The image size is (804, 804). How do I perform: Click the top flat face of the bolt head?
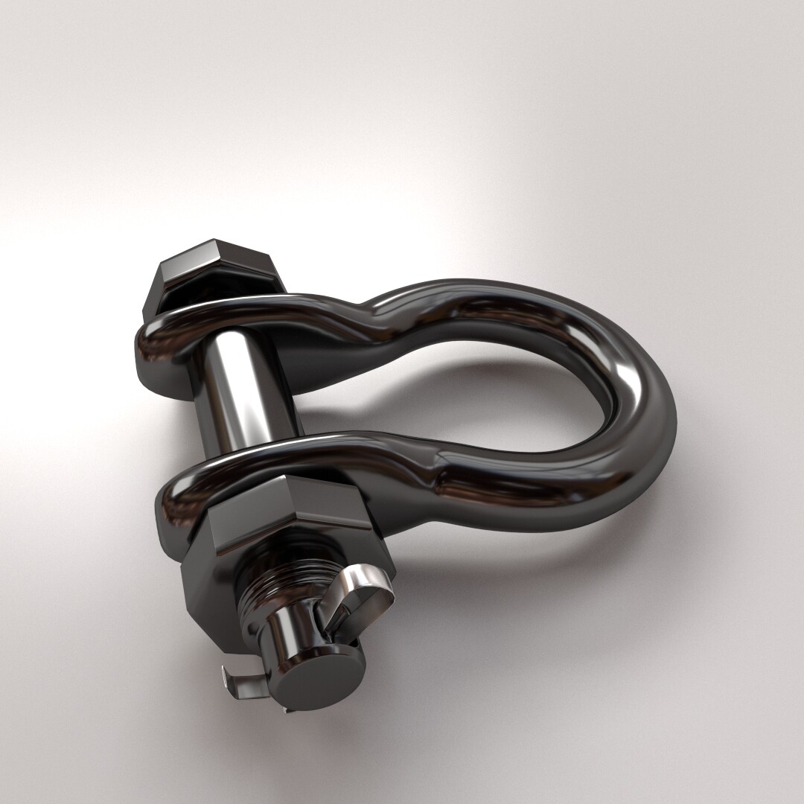pyautogui.click(x=216, y=257)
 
